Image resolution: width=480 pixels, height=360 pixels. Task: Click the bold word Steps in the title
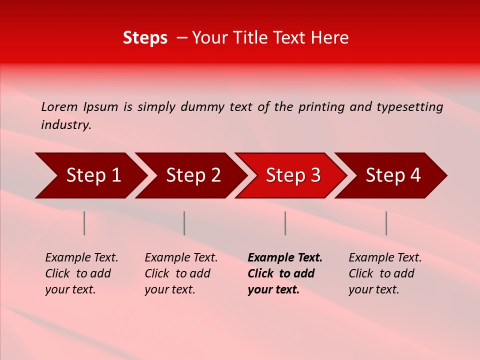145,38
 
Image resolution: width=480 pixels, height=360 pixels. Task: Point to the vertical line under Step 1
84,223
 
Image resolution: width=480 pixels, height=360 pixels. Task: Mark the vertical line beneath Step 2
184,223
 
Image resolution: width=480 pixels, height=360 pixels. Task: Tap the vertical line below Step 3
285,223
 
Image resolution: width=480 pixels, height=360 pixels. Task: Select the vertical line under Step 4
386,223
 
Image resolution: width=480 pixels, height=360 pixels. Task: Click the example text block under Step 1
81,273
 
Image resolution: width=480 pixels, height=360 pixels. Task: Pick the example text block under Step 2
181,273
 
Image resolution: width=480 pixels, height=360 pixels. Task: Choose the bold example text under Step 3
284,273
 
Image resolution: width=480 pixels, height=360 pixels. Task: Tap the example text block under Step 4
385,273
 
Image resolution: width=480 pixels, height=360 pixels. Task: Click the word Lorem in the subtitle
59,107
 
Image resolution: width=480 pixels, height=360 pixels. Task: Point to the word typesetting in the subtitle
409,107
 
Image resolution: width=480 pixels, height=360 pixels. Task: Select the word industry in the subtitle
66,125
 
